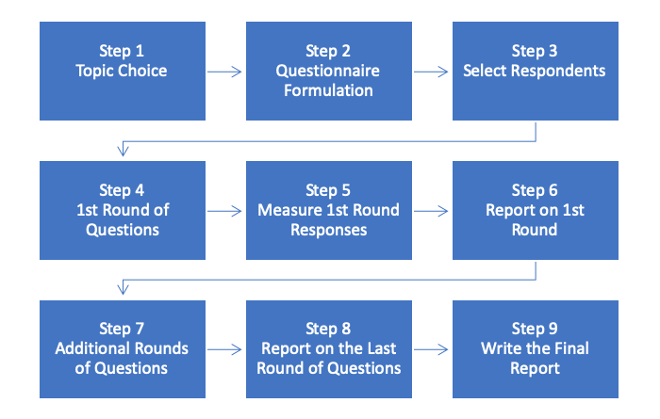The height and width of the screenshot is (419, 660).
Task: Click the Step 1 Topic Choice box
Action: click(x=122, y=71)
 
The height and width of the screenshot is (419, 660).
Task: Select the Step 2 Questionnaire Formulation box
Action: click(x=328, y=71)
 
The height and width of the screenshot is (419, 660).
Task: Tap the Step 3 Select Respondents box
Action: click(x=535, y=71)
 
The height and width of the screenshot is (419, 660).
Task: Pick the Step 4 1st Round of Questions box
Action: click(x=122, y=210)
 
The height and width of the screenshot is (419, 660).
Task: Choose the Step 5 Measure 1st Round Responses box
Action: click(x=328, y=210)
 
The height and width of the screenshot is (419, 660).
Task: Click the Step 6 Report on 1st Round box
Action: click(x=535, y=210)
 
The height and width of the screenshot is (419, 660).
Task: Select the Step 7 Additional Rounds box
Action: click(x=122, y=348)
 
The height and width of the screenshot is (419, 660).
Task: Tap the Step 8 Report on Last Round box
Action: click(x=328, y=348)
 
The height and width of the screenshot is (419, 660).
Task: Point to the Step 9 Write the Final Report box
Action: click(x=535, y=348)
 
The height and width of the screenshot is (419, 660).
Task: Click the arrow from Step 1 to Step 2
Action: click(x=225, y=71)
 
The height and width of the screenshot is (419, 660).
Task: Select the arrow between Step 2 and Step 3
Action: click(x=432, y=71)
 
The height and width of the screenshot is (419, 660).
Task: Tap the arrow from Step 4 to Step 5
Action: click(x=225, y=210)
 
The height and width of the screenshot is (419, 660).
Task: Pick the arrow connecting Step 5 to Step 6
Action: click(x=432, y=210)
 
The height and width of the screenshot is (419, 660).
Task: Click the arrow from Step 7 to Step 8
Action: click(x=225, y=348)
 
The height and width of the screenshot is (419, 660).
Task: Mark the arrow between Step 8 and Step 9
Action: click(x=432, y=348)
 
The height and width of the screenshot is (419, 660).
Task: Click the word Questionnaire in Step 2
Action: click(x=328, y=71)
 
